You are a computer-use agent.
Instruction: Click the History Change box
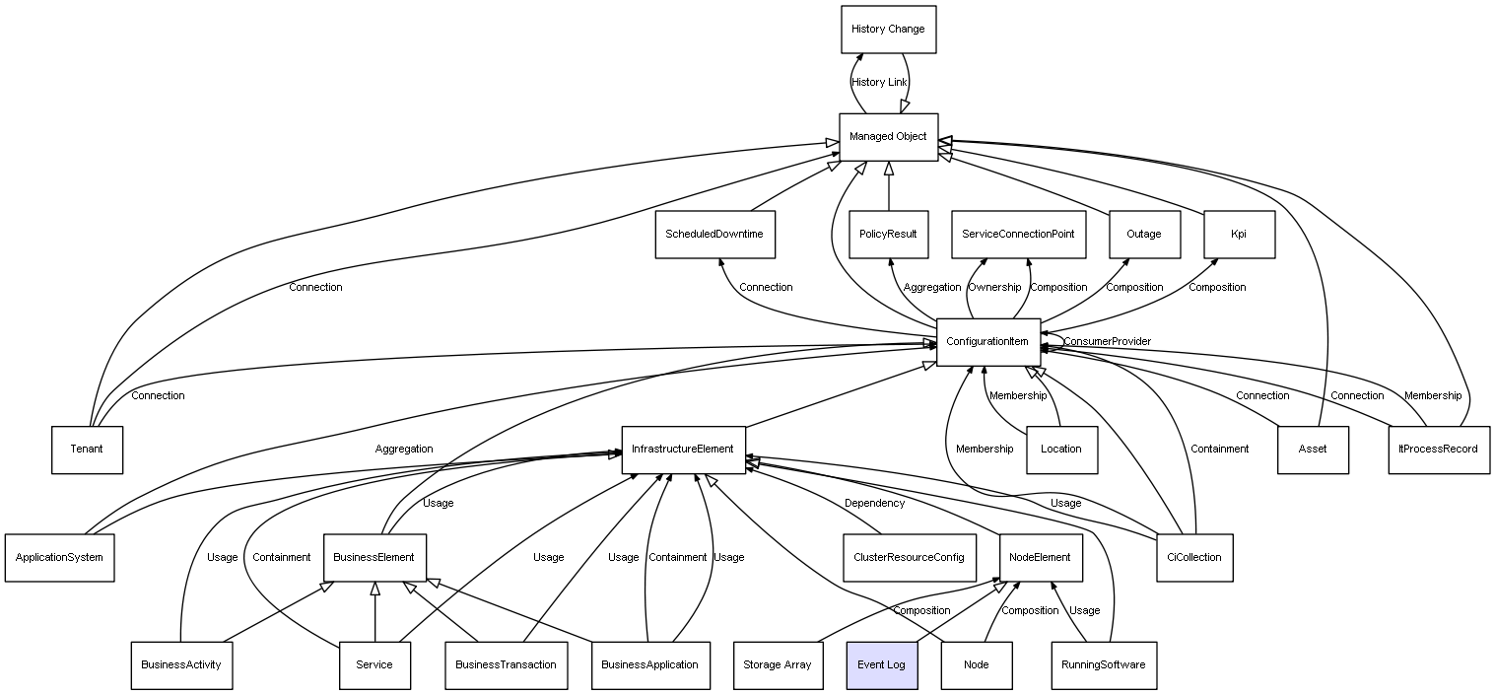[888, 30]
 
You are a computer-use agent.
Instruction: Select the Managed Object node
[888, 137]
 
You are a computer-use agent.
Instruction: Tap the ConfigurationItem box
[987, 342]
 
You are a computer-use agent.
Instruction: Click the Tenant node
[87, 450]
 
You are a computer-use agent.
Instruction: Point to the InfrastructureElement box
[683, 450]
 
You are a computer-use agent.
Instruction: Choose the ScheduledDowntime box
[714, 235]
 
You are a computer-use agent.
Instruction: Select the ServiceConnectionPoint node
[1018, 235]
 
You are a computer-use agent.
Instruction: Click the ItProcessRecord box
[1439, 450]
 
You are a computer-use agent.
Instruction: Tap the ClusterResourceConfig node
[910, 557]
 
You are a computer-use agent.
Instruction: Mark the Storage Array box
[778, 664]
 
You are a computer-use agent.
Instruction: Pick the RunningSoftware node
[1104, 664]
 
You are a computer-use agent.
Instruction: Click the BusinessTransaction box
[506, 664]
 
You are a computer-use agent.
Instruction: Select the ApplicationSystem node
[59, 557]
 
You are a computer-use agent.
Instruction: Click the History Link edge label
[879, 83]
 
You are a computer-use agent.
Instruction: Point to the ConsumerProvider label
[1107, 342]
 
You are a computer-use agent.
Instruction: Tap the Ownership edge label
[994, 288]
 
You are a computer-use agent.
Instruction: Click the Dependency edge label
[874, 504]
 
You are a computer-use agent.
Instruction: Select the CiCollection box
[1193, 557]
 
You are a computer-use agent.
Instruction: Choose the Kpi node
[1239, 235]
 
